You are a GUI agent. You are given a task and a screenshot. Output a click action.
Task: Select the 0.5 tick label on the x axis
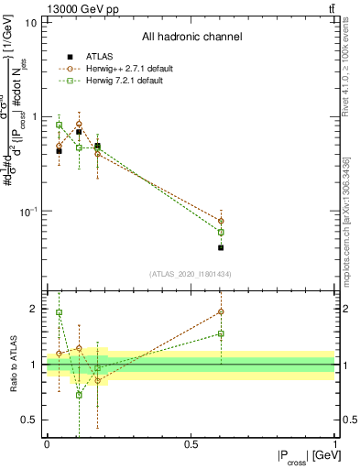[x=191, y=444]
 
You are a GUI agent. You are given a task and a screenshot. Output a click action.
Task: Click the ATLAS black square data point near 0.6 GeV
[x=221, y=247]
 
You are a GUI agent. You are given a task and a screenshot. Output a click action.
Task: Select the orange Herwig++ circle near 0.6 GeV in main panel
[x=221, y=221]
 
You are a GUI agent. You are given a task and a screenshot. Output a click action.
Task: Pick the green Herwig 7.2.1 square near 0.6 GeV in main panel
[x=221, y=232]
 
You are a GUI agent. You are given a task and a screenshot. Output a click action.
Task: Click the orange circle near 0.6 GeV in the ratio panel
[x=221, y=311]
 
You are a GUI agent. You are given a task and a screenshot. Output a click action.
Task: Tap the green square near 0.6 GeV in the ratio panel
[x=221, y=333]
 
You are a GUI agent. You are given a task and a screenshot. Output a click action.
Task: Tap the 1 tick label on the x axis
[x=334, y=444]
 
